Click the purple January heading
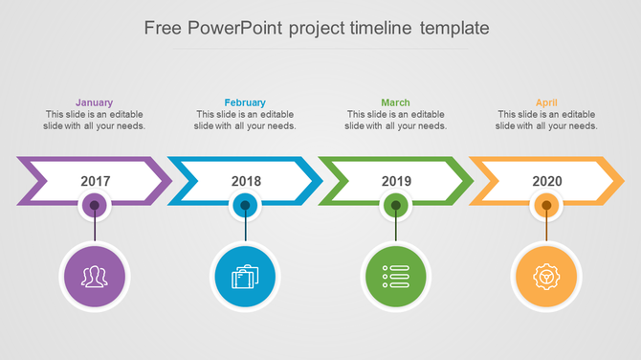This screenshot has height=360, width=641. click(x=94, y=102)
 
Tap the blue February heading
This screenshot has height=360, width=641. click(x=245, y=102)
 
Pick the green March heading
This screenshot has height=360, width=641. click(x=395, y=102)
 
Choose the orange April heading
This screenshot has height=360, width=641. click(x=546, y=102)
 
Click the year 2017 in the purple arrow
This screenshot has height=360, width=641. click(x=95, y=181)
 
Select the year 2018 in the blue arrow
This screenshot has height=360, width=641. click(x=246, y=181)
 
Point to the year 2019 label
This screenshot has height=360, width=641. click(x=396, y=181)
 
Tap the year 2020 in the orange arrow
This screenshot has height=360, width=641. click(x=546, y=181)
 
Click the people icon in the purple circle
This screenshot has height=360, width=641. click(x=94, y=278)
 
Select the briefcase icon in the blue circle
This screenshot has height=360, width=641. click(x=245, y=278)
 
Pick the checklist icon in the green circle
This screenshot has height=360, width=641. click(x=396, y=278)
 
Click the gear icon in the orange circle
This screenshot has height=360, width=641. click(x=546, y=278)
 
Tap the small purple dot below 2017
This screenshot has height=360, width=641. click(x=94, y=204)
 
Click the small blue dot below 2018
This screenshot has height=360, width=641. click(x=245, y=204)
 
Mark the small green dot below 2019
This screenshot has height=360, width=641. click(x=396, y=204)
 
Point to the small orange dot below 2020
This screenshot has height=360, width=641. click(x=546, y=204)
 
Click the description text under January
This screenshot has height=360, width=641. click(x=95, y=120)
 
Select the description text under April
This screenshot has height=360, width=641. click(x=547, y=120)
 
